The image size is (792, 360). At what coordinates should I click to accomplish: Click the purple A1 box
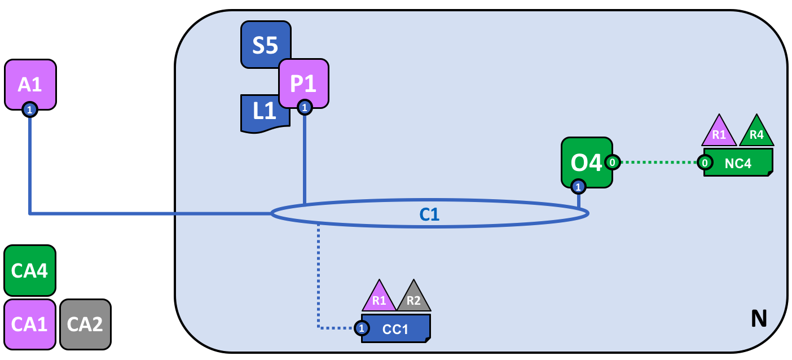pos(30,84)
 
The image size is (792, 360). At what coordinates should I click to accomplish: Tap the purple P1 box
pos(303,82)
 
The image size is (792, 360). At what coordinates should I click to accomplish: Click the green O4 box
pos(586,161)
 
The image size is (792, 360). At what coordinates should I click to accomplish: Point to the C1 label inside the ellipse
pos(429,214)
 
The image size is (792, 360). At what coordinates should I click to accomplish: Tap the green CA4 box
pos(30,270)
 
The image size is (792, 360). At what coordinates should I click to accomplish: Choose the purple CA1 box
pos(30,324)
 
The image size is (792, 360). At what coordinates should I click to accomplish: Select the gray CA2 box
pos(85,324)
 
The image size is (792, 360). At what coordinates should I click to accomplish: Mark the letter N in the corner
pos(759,319)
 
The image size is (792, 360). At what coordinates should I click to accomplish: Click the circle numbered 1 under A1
pos(29,109)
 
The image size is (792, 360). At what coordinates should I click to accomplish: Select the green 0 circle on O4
pos(613,163)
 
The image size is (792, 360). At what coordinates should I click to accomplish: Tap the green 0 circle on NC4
pos(705,163)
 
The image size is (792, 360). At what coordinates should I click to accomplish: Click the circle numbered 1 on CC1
pos(362,328)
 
